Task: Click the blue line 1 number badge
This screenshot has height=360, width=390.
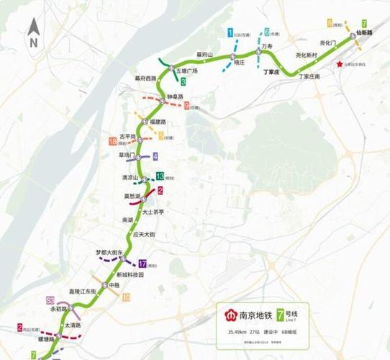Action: click(x=230, y=32)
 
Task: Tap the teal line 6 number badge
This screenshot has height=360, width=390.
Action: click(x=267, y=32)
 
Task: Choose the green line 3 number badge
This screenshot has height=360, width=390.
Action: click(x=183, y=83)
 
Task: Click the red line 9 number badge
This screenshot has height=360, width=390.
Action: click(x=186, y=106)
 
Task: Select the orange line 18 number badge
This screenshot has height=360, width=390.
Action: click(x=113, y=140)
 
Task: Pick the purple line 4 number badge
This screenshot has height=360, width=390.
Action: click(x=155, y=156)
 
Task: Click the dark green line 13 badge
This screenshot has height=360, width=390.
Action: click(x=160, y=176)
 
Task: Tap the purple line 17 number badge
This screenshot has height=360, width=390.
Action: click(x=142, y=264)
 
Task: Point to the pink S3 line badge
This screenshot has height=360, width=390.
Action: click(x=50, y=299)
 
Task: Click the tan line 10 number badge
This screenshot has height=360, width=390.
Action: click(x=127, y=297)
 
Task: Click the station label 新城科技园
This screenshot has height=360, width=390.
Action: click(x=132, y=275)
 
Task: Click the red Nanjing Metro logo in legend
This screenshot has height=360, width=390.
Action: click(x=232, y=317)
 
